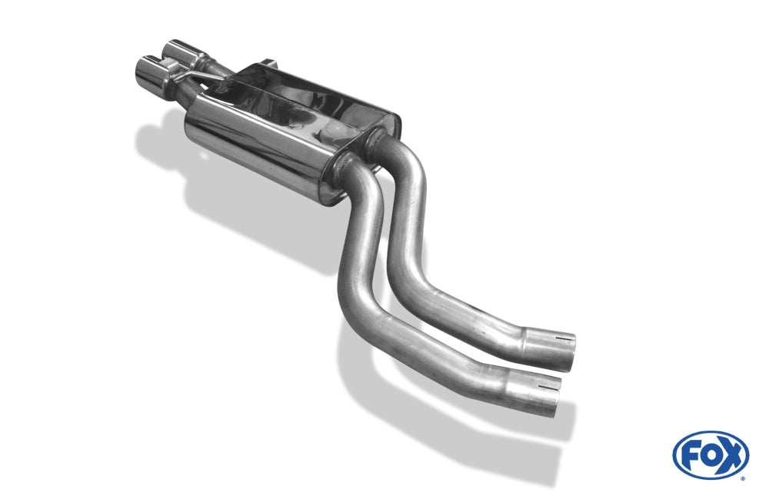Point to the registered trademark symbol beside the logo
point(743,478)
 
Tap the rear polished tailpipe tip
point(181,53)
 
